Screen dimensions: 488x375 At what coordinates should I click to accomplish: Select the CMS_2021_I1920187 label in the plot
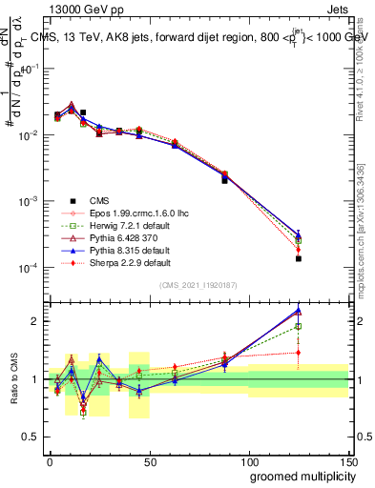coord(199,285)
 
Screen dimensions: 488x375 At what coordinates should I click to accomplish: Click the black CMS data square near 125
coord(299,258)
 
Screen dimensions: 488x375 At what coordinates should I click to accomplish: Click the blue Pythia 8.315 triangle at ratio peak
coord(299,311)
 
